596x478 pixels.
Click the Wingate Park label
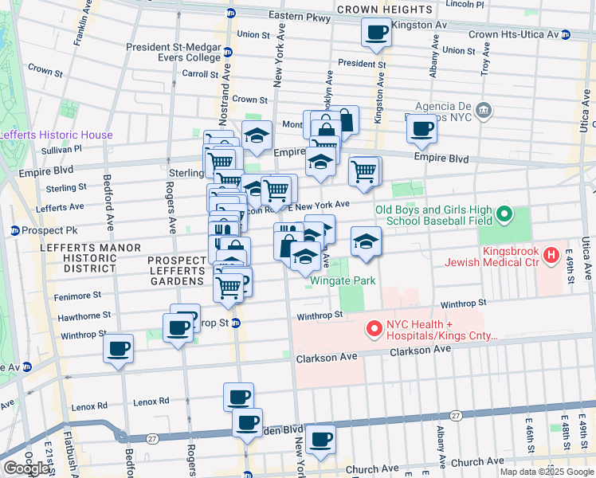[x=343, y=280]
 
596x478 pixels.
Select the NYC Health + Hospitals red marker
[x=373, y=328]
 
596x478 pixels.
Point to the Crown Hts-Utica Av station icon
[x=565, y=34]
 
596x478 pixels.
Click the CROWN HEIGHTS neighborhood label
[x=385, y=10]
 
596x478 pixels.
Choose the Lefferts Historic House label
[x=56, y=135]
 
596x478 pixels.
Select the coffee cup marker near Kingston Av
[x=375, y=33]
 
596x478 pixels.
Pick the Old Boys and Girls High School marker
[x=504, y=214]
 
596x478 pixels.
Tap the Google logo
[x=26, y=468]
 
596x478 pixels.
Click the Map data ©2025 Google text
[x=546, y=472]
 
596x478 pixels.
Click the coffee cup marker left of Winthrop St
[x=119, y=349]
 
